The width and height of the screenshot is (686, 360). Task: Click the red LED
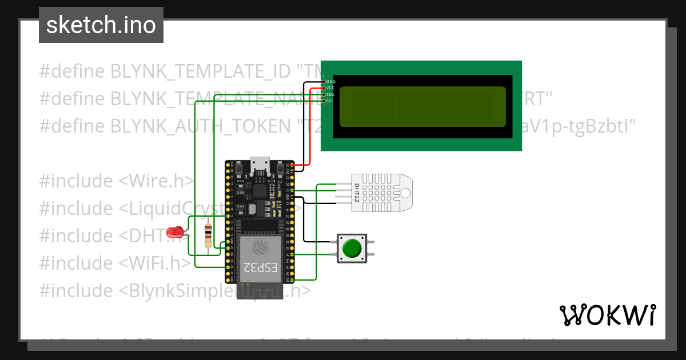[x=174, y=233]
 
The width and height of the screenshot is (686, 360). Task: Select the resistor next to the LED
[x=208, y=235]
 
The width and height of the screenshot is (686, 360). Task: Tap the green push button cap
[x=351, y=249]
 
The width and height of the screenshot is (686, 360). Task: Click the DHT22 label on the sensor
[x=357, y=191]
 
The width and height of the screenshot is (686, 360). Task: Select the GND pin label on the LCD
[x=330, y=82]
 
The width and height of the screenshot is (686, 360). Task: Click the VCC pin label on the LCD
[x=330, y=88]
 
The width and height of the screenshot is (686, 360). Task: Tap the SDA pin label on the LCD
[x=330, y=94]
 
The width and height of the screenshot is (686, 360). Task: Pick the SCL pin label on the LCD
[x=330, y=101]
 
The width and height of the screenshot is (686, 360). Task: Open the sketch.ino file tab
[x=101, y=25]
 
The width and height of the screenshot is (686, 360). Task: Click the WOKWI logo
[x=607, y=315]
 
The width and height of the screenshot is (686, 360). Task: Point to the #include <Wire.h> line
[x=117, y=181]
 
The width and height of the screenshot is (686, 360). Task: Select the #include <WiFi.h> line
[x=114, y=263]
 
